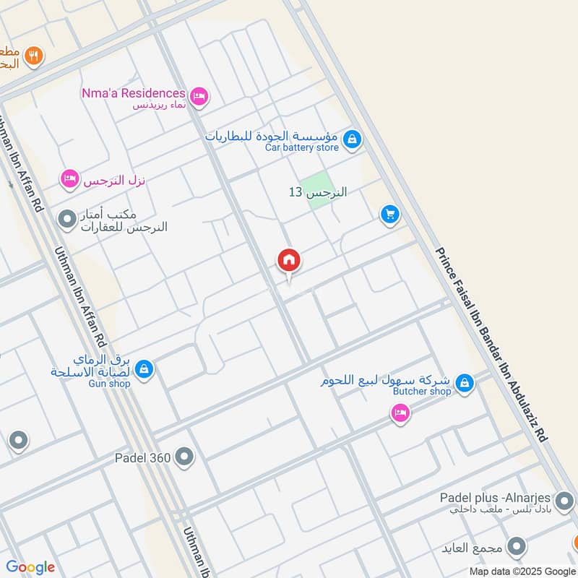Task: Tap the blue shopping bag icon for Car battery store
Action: click(x=352, y=139)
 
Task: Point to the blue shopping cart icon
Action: click(x=390, y=215)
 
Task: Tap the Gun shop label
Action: click(x=109, y=384)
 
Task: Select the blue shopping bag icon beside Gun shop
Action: click(x=144, y=369)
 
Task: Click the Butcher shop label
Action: click(x=422, y=391)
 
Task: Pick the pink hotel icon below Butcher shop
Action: click(x=399, y=413)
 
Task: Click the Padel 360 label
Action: click(x=142, y=457)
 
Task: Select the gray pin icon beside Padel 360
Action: click(x=185, y=456)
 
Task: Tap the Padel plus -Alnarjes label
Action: click(x=496, y=499)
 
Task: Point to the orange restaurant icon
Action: click(x=32, y=55)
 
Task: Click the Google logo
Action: click(x=30, y=566)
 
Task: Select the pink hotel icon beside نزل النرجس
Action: click(x=69, y=178)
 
